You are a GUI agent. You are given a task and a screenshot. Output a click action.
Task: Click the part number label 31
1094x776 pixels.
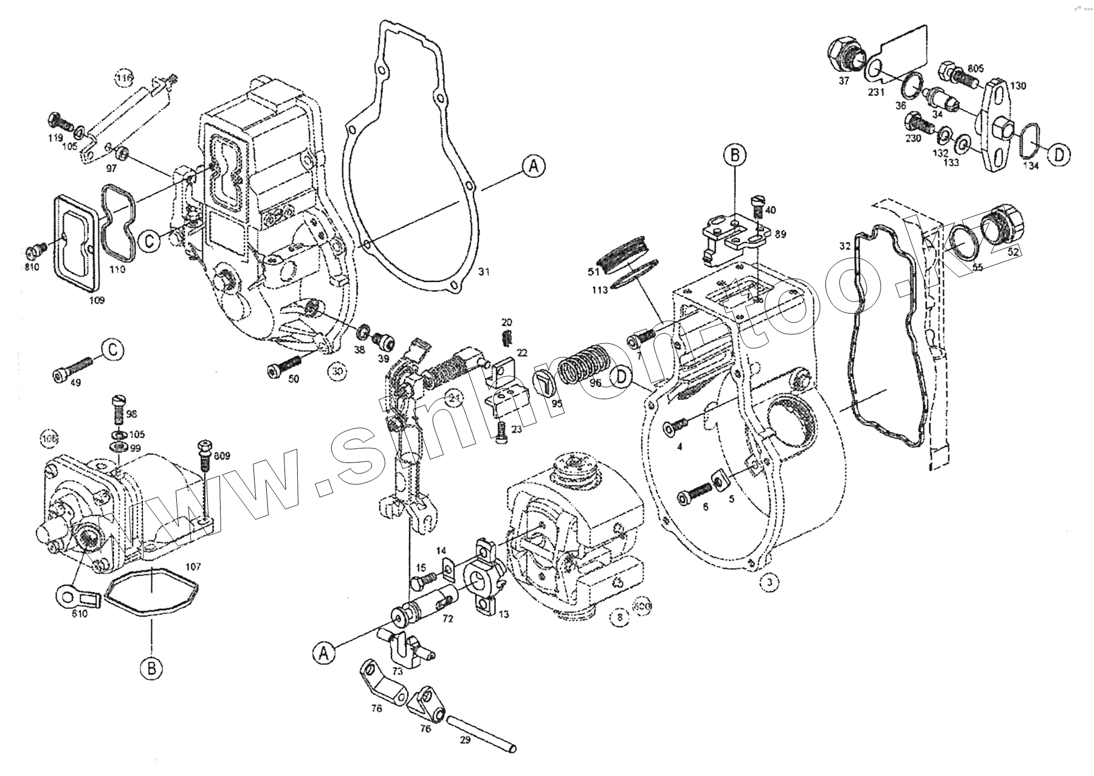click(483, 272)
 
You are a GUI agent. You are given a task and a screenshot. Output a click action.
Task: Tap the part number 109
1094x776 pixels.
click(97, 300)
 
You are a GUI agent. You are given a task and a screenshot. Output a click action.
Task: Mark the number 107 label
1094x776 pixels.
click(193, 566)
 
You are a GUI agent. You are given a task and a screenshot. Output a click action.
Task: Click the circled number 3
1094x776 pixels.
click(769, 582)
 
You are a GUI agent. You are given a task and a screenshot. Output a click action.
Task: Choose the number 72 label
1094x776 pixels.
click(447, 618)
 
